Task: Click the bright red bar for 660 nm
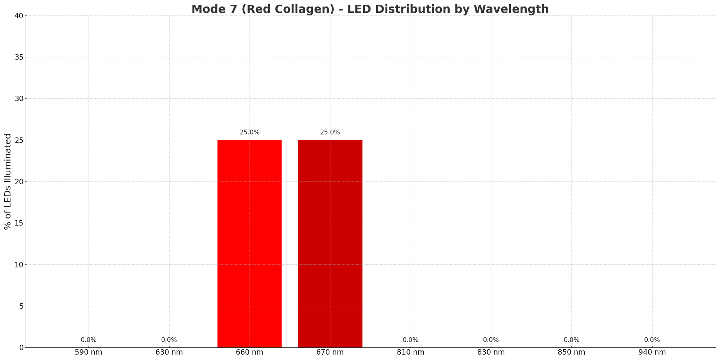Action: (x=249, y=243)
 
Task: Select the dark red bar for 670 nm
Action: (x=330, y=243)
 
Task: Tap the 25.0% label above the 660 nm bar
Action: (x=249, y=132)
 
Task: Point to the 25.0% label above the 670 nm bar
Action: (x=330, y=132)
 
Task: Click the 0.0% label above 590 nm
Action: (x=89, y=340)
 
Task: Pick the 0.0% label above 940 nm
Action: (x=652, y=340)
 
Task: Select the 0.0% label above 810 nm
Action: (x=410, y=340)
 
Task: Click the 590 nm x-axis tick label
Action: (x=89, y=352)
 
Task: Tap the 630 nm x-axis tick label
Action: (x=169, y=352)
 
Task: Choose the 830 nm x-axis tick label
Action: (x=491, y=352)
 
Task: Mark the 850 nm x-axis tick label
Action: (x=571, y=352)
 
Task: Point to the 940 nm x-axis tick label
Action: (x=652, y=352)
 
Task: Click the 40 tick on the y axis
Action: (x=19, y=16)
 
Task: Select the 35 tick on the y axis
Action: (x=19, y=57)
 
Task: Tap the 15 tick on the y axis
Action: (x=19, y=223)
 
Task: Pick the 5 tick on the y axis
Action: (x=21, y=306)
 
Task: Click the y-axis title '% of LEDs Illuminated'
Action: (x=8, y=181)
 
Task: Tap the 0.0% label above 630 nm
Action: (x=169, y=340)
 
